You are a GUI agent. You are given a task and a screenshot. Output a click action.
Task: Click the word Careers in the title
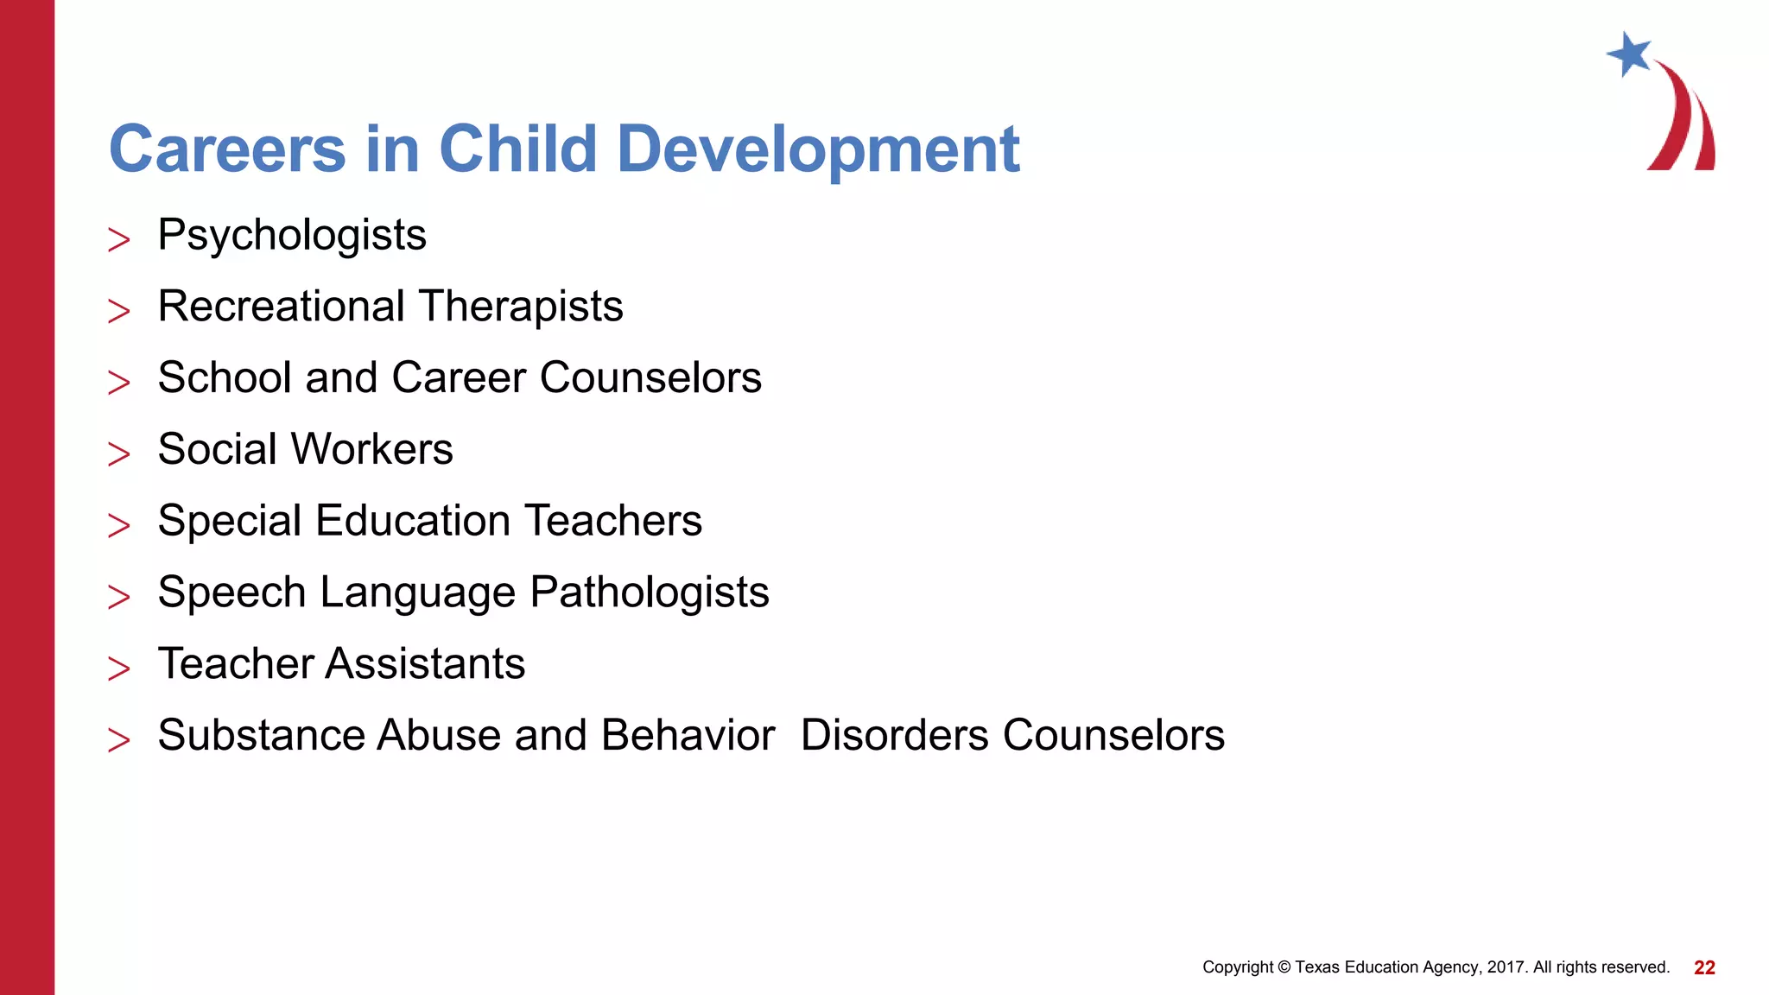[x=227, y=149]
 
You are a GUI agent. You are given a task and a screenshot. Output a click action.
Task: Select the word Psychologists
[x=292, y=236]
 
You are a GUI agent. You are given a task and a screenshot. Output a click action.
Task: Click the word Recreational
[x=282, y=307]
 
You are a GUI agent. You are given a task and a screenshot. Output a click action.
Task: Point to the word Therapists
[x=522, y=307]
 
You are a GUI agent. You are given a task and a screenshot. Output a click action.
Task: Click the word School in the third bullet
[x=225, y=378]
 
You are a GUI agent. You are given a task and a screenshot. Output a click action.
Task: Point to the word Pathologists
[x=650, y=593]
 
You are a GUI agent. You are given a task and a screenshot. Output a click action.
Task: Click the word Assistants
[x=426, y=664]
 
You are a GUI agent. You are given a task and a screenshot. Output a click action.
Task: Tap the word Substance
[x=261, y=736]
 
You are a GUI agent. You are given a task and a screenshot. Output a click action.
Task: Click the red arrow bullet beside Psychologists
[x=119, y=239]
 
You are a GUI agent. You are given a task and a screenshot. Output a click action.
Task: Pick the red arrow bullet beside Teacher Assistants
[x=119, y=668]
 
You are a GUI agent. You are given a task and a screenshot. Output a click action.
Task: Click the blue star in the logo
[x=1630, y=54]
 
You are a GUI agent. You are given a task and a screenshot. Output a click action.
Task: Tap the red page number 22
[x=1704, y=968]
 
